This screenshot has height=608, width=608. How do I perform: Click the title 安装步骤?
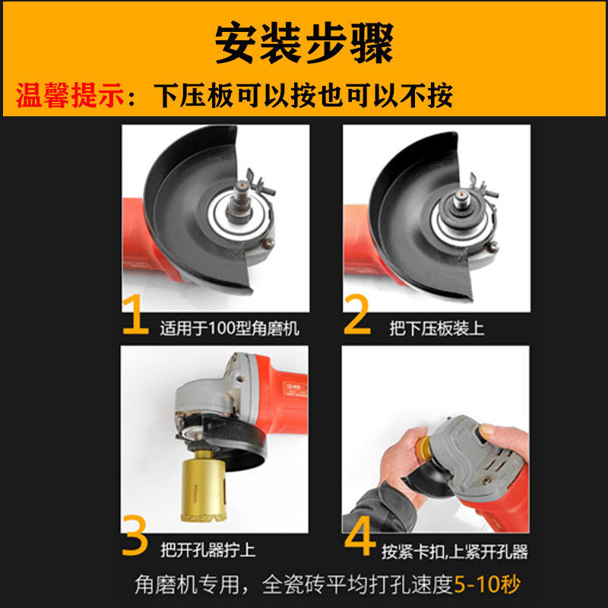pyautogui.click(x=304, y=43)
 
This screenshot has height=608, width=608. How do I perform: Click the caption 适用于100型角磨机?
pyautogui.click(x=230, y=329)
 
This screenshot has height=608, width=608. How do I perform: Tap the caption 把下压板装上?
pyautogui.click(x=437, y=329)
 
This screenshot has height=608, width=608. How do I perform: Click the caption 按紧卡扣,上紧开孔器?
pyautogui.click(x=454, y=549)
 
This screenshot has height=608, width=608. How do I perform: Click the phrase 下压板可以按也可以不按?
pyautogui.click(x=304, y=96)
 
